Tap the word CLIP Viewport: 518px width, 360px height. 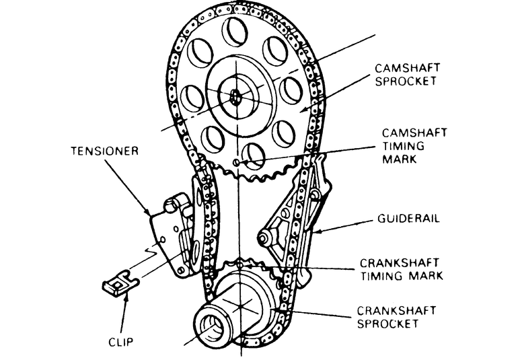(x=122, y=341)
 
